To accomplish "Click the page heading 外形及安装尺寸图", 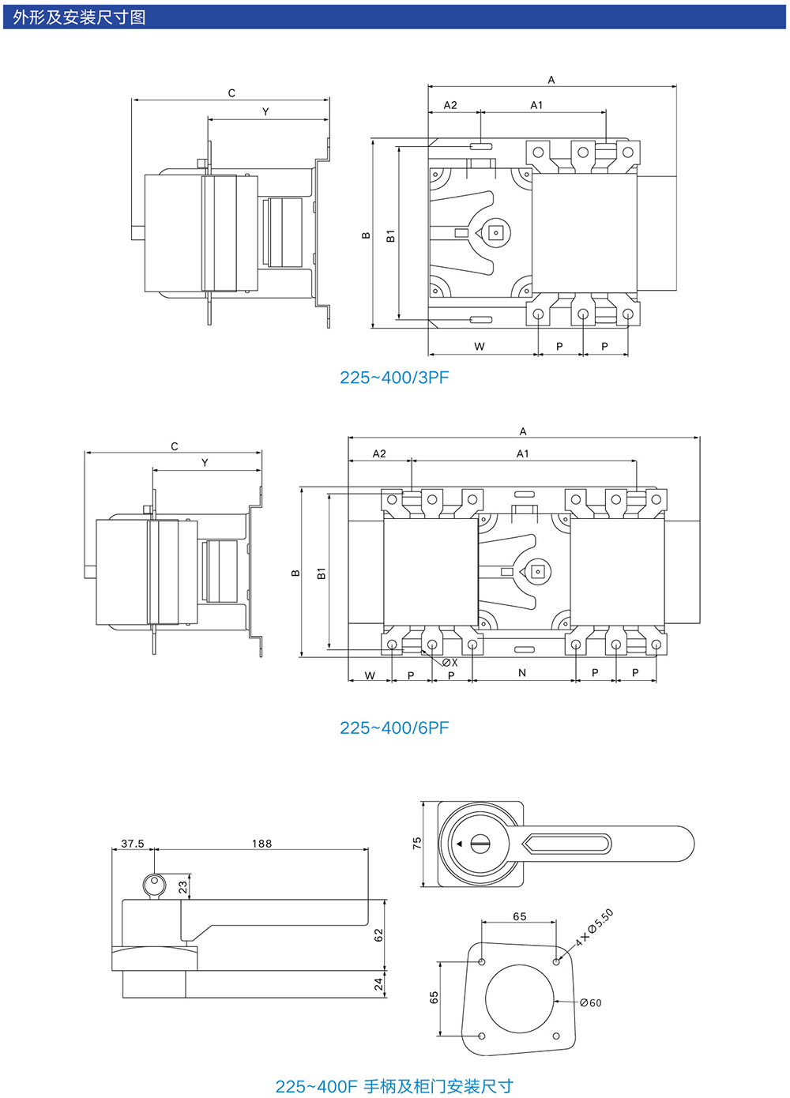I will (79, 17).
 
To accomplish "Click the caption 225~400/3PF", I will (394, 378).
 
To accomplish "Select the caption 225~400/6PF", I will (394, 728).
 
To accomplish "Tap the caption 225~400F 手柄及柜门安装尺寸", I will (394, 1086).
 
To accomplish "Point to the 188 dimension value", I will (261, 844).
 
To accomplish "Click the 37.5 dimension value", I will (133, 844).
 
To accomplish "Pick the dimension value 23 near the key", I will (183, 887).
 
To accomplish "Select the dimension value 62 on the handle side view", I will (378, 934).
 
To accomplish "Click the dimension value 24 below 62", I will (378, 983).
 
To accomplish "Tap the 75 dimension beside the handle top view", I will (417, 844).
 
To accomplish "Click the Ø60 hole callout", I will (591, 1002).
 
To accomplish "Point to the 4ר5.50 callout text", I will (594, 927).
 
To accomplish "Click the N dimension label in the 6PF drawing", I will (522, 673).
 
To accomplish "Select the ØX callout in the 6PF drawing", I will (450, 663).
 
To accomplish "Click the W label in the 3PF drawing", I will (480, 347).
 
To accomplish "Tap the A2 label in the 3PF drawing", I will (450, 105).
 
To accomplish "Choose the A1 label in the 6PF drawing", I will (522, 454).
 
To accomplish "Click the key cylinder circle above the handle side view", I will (154, 885).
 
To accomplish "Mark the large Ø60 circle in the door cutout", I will (520, 999).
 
